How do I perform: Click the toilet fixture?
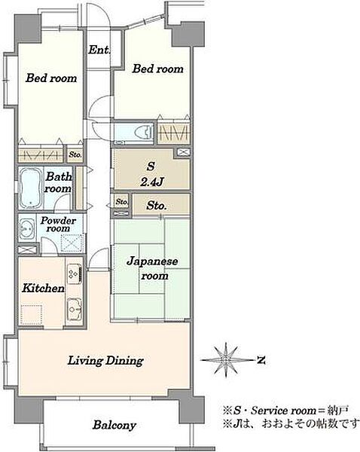click(x=144, y=133)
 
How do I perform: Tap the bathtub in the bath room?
click(x=29, y=188)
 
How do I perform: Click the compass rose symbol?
click(x=226, y=360)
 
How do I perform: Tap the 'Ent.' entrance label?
click(x=99, y=50)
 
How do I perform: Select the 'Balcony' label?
click(x=114, y=425)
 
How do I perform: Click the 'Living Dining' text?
click(x=105, y=361)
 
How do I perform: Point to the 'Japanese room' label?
click(x=152, y=268)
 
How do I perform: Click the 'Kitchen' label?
click(x=43, y=289)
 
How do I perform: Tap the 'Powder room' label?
click(x=58, y=224)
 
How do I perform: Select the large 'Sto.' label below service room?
click(x=157, y=206)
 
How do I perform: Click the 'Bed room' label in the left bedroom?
click(x=51, y=78)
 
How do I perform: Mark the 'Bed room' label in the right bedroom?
click(x=158, y=69)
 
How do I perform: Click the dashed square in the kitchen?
click(x=32, y=315)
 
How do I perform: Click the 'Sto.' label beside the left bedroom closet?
click(x=75, y=154)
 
